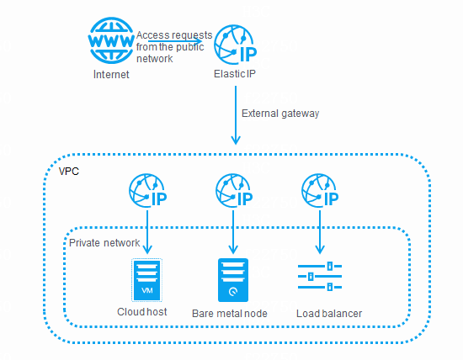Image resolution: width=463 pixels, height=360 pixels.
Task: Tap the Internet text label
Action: [111, 76]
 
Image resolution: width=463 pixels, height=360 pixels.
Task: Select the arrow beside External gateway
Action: [235, 118]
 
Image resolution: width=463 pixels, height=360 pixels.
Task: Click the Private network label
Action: [104, 242]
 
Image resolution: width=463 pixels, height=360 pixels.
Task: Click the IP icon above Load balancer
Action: [320, 193]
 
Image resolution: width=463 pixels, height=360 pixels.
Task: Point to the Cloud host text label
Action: [142, 314]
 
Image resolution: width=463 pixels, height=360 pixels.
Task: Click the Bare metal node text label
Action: [230, 314]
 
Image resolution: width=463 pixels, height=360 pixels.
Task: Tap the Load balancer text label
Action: [329, 314]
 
